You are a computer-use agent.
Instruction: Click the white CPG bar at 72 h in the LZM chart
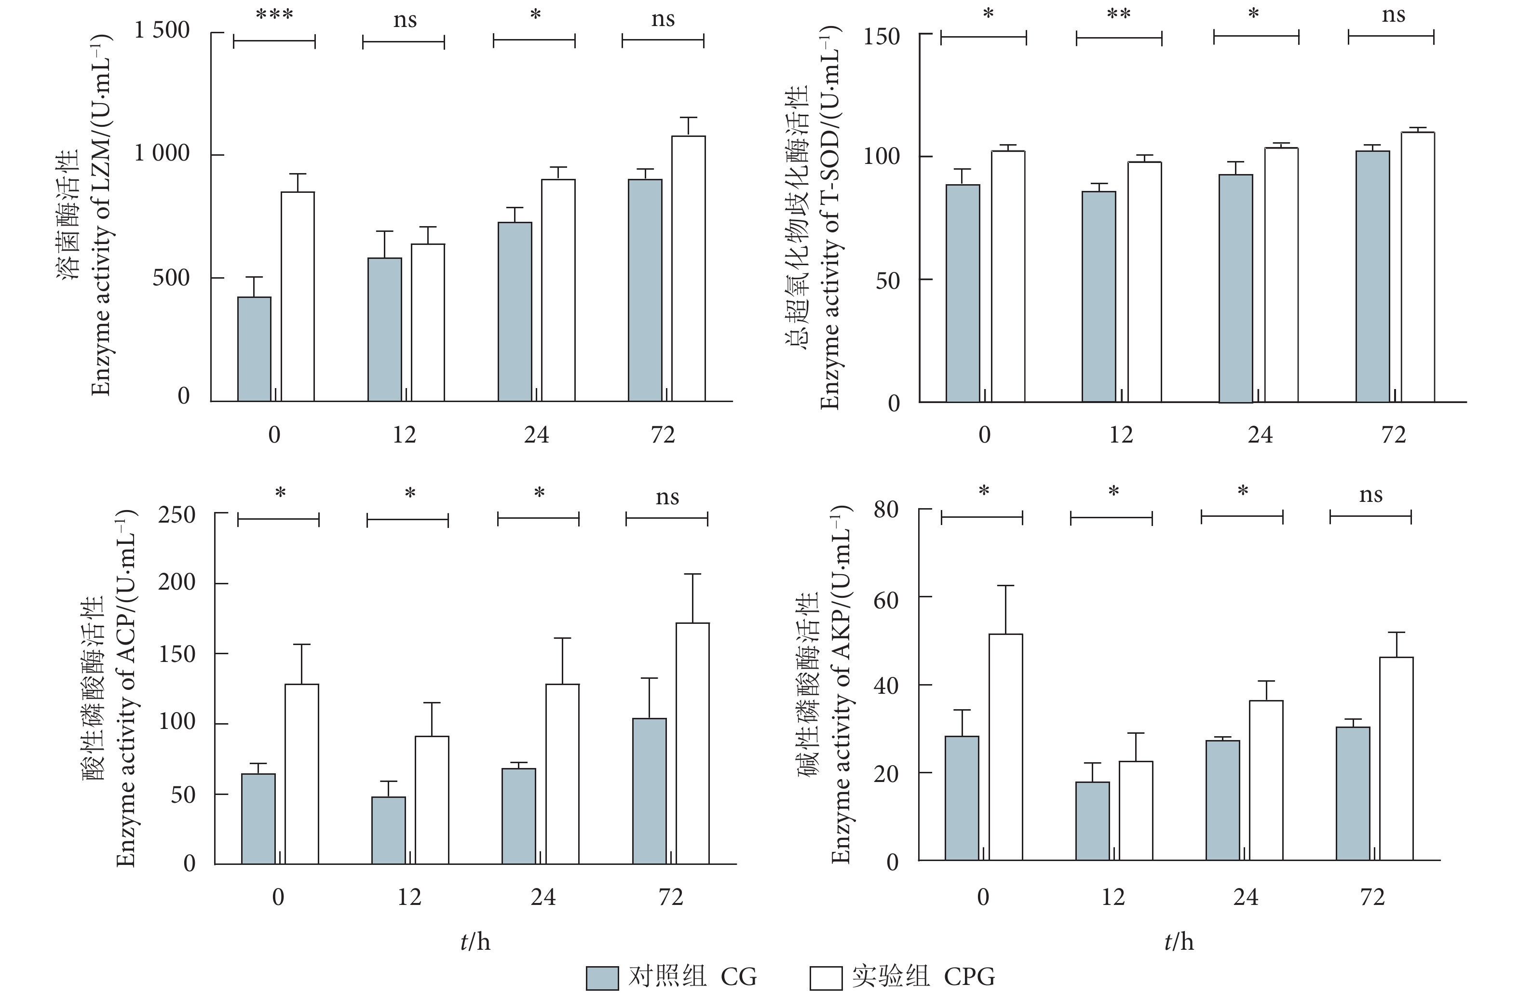tap(688, 268)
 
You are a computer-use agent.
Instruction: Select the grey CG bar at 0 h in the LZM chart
tap(254, 349)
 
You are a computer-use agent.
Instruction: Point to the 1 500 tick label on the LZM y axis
tap(162, 30)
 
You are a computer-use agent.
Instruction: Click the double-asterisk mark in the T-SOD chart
tap(1119, 14)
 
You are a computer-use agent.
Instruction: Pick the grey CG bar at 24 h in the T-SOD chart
tap(1235, 288)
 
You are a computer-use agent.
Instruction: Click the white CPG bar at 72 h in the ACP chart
tap(692, 743)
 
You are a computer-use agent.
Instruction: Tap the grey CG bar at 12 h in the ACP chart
tap(388, 830)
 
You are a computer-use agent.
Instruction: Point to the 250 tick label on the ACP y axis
tap(177, 514)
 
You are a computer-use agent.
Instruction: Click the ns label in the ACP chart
tap(667, 497)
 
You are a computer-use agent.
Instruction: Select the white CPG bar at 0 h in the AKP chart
tap(1006, 747)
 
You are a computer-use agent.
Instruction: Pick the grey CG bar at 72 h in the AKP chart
tap(1353, 794)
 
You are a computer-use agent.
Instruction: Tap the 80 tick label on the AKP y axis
tap(886, 510)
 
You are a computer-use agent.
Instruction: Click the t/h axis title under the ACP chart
tap(475, 942)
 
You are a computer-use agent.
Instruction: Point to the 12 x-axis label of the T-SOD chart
tap(1121, 435)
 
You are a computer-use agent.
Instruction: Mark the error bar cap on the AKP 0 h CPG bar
tap(1006, 585)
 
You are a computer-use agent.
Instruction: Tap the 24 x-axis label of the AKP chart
tap(1245, 897)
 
